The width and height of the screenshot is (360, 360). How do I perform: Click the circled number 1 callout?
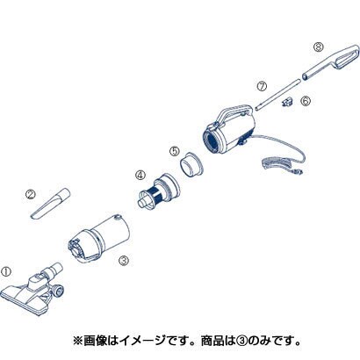point(6,271)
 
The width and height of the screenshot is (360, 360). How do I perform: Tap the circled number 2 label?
point(30,194)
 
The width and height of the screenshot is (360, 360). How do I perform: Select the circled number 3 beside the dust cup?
point(124,260)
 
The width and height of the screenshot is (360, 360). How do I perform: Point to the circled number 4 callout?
point(140,175)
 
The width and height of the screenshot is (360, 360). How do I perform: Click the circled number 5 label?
point(174,151)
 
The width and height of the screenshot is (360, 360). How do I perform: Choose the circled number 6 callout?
point(306,101)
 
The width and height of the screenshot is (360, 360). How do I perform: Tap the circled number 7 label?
point(262,86)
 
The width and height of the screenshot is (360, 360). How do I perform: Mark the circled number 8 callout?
point(318,47)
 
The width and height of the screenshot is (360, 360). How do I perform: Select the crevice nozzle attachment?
point(50,204)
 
